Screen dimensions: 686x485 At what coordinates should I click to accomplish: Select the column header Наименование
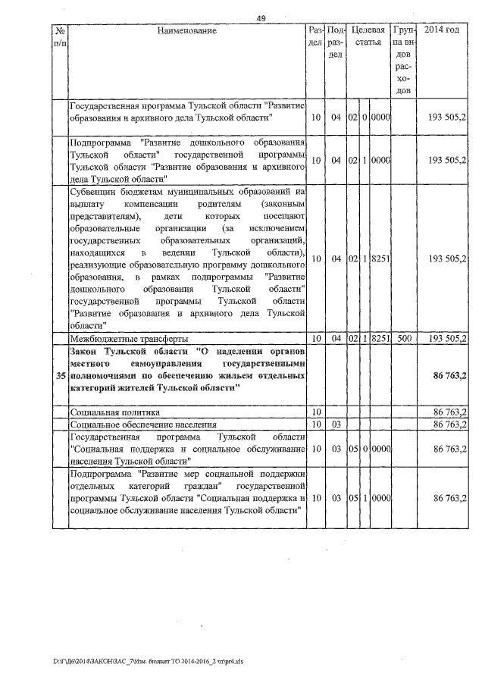click(188, 31)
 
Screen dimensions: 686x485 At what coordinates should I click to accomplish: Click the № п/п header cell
click(60, 37)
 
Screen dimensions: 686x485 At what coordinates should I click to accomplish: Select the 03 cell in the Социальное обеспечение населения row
click(337, 424)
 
